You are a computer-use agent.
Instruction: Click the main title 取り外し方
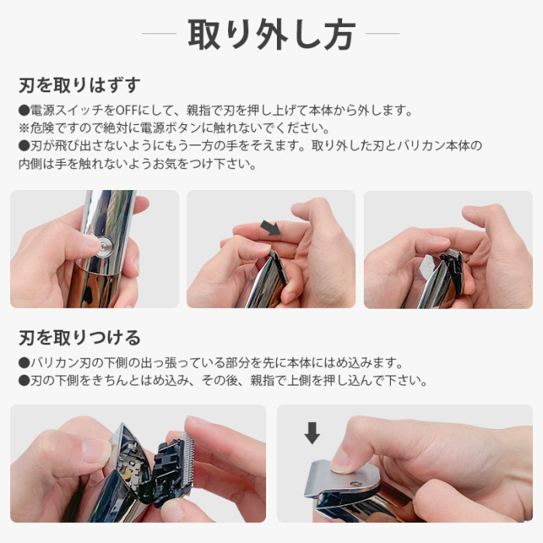(x=271, y=35)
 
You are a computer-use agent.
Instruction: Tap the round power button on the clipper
(x=105, y=246)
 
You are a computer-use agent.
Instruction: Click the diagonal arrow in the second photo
(x=271, y=227)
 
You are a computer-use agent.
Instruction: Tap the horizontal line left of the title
(x=160, y=34)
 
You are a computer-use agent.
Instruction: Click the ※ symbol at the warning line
(x=24, y=129)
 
